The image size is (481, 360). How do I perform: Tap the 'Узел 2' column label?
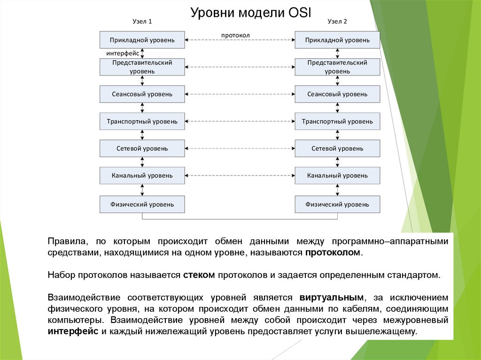coord(337,22)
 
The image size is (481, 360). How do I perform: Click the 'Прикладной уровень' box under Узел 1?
coord(142,40)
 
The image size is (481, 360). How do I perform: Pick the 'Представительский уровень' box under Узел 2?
coord(337,67)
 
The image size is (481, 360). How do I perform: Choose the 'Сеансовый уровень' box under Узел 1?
coord(142,94)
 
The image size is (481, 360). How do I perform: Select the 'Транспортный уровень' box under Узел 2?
coord(337,121)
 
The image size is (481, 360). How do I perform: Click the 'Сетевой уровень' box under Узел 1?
coord(142,148)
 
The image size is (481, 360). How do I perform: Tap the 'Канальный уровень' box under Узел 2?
coord(337,176)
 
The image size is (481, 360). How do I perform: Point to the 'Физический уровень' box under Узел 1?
coord(142,204)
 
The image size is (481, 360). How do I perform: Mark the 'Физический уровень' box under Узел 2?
coord(337,204)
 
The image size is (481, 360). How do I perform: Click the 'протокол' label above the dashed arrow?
coord(235,35)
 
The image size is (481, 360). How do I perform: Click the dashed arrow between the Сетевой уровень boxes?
coord(240,148)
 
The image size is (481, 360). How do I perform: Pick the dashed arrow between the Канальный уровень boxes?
coord(240,176)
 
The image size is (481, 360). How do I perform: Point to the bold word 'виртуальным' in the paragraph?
coord(331,298)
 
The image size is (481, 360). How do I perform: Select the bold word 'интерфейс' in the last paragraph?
coord(72,331)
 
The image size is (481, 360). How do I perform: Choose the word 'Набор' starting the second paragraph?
coord(59,274)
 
